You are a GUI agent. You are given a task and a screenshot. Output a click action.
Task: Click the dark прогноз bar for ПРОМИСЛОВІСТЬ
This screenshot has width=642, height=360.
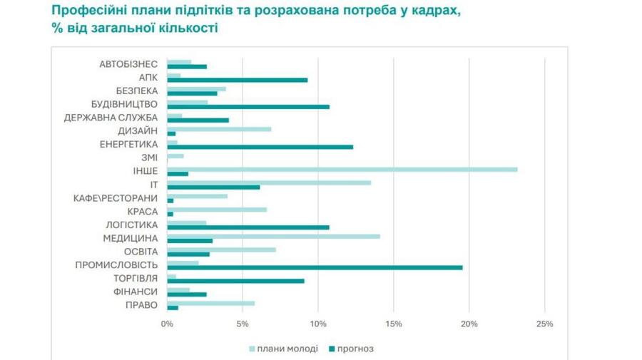tap(314, 267)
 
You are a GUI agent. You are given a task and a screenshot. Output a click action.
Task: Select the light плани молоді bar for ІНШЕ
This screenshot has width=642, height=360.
tap(342, 169)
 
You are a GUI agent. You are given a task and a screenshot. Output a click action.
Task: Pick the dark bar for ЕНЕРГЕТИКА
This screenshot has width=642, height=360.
tap(260, 147)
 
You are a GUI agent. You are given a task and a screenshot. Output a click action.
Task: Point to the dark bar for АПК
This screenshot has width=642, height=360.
tap(237, 80)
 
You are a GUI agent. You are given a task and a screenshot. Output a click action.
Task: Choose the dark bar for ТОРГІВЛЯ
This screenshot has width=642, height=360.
tap(235, 281)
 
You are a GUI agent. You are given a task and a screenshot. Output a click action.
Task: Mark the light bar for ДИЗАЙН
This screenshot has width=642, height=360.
tap(219, 129)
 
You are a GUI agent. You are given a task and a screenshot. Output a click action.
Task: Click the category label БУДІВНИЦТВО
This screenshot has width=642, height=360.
tap(125, 104)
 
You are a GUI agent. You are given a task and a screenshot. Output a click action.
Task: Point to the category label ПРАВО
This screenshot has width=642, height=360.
tap(141, 305)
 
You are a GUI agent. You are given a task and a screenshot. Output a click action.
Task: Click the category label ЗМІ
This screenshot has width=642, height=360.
tap(149, 158)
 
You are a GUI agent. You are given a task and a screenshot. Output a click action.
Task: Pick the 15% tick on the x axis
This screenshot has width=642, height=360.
tap(393, 324)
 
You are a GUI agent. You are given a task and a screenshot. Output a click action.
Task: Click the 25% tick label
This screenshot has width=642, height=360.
tap(544, 324)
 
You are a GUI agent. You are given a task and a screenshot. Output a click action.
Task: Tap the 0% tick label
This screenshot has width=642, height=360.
tap(167, 324)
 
